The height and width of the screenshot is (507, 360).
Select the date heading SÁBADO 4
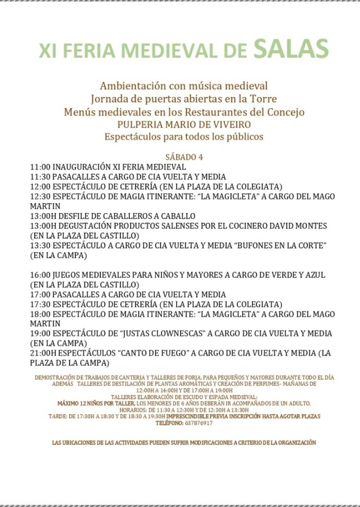point(184,157)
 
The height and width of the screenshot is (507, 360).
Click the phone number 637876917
point(199,423)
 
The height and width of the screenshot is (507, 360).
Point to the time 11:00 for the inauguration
point(40,167)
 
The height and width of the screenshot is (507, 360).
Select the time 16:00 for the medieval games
point(40,275)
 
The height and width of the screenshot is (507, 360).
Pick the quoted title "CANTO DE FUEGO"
point(153,353)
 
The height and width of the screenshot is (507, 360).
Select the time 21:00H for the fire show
point(43,353)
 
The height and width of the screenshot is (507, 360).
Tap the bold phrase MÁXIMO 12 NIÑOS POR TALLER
point(96,403)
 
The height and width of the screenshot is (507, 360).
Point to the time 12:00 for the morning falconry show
point(40,187)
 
